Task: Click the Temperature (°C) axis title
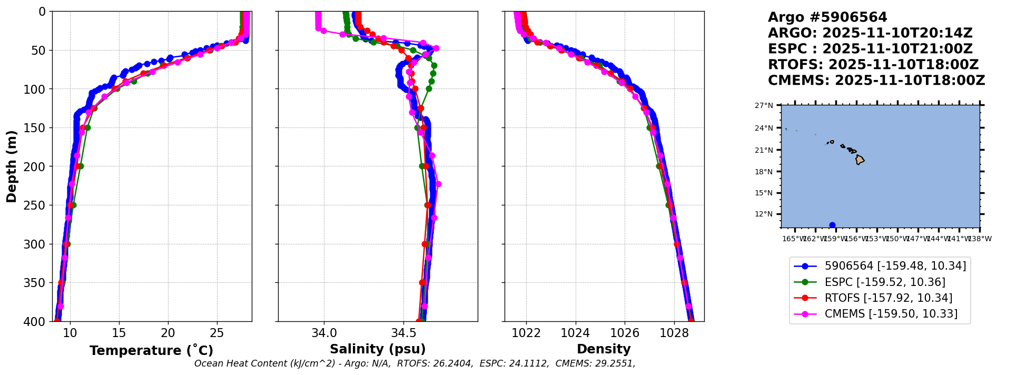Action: [x=151, y=351]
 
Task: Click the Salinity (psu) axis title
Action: [x=378, y=349]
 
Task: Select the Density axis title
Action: [x=604, y=349]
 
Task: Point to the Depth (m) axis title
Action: [x=12, y=166]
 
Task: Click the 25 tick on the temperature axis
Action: [x=217, y=333]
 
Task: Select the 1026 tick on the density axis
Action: [x=625, y=333]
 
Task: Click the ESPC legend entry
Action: [x=884, y=282]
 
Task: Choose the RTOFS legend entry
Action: [x=888, y=298]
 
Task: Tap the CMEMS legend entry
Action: [x=891, y=314]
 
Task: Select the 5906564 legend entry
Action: [x=895, y=267]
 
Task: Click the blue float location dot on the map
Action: [x=832, y=225]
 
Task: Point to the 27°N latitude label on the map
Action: [x=764, y=106]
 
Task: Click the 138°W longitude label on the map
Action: [x=981, y=239]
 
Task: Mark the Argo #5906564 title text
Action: [x=827, y=17]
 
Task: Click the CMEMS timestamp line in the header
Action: [x=876, y=81]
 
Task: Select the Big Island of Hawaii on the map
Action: [x=860, y=160]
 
